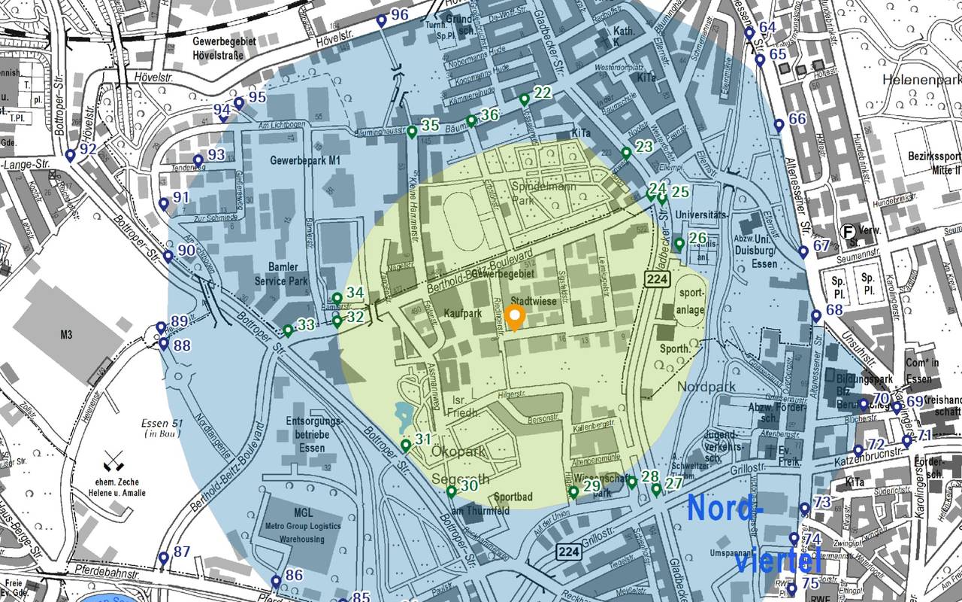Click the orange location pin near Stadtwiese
[x=514, y=318]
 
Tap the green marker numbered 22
[x=525, y=99]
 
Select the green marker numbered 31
[x=406, y=445]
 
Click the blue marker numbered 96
[x=381, y=20]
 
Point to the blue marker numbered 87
[x=164, y=558]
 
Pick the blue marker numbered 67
[x=803, y=251]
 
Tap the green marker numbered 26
[x=679, y=244]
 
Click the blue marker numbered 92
[x=71, y=155]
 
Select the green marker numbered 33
[x=288, y=330]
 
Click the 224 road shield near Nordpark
[x=655, y=279]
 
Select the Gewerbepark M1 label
[x=307, y=160]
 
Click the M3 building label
[x=66, y=335]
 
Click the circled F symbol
[x=847, y=232]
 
